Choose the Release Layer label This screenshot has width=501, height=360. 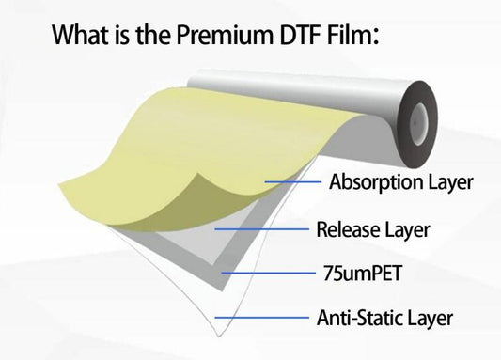click(x=372, y=228)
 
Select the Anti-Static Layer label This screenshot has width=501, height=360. click(x=384, y=318)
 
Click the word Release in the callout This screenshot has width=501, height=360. click(x=347, y=228)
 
